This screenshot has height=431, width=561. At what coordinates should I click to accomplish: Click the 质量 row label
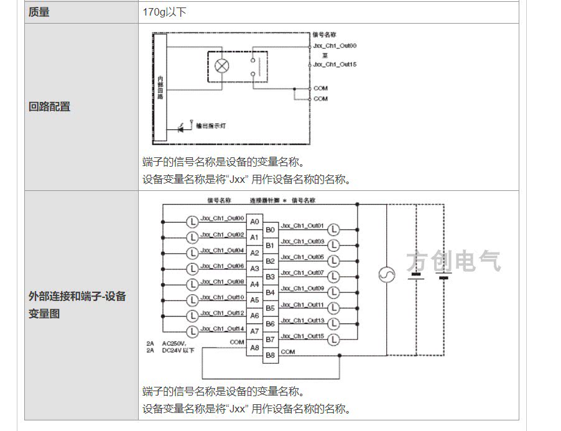pyautogui.click(x=39, y=12)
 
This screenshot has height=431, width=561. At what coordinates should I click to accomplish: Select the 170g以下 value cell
pyautogui.click(x=165, y=12)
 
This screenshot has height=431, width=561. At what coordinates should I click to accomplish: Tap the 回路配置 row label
pyautogui.click(x=50, y=106)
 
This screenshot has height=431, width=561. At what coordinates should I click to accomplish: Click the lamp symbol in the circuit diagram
pyautogui.click(x=221, y=65)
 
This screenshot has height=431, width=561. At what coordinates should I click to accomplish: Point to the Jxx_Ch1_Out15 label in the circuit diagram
pyautogui.click(x=335, y=64)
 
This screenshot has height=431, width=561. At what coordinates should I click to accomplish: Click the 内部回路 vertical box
pyautogui.click(x=160, y=87)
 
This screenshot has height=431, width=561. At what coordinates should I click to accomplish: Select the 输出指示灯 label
pyautogui.click(x=211, y=126)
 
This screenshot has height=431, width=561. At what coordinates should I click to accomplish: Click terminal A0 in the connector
pyautogui.click(x=254, y=221)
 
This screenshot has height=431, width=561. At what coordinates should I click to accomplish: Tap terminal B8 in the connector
pyautogui.click(x=271, y=355)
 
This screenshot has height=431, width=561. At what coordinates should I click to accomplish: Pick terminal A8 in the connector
pyautogui.click(x=254, y=347)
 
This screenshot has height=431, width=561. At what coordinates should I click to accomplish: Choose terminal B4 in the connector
pyautogui.click(x=271, y=292)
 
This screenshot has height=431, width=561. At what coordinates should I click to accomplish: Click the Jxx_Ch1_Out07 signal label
pyautogui.click(x=302, y=273)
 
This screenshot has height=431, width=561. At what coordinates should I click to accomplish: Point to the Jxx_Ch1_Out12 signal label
pyautogui.click(x=222, y=313)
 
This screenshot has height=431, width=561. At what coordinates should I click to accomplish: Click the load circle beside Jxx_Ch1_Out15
pyautogui.click(x=334, y=339)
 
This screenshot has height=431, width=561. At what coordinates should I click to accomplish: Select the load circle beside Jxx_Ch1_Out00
pyautogui.click(x=192, y=221)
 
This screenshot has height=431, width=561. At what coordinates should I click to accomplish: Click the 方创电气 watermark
pyautogui.click(x=453, y=262)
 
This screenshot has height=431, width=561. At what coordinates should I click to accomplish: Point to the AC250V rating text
pyautogui.click(x=174, y=343)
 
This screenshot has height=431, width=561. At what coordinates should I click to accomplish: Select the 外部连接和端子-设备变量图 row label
pyautogui.click(x=77, y=305)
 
